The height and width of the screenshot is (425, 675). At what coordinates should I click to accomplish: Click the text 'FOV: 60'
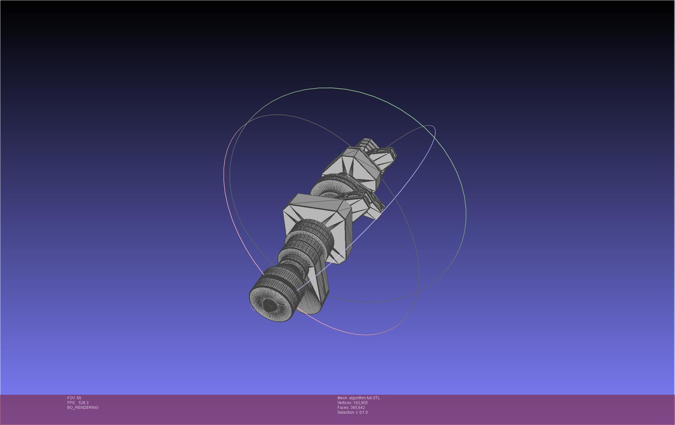coord(74,398)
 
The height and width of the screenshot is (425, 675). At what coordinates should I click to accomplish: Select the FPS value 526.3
coord(83,403)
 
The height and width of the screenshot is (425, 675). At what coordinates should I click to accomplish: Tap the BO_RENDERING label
coord(83,408)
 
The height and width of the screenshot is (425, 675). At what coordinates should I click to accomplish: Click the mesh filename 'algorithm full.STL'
coord(364,398)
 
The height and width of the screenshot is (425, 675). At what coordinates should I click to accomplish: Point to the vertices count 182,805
coord(360,403)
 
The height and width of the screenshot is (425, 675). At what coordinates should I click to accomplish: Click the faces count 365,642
coord(357,408)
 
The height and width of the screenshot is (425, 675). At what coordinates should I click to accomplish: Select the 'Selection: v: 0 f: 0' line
coord(352,412)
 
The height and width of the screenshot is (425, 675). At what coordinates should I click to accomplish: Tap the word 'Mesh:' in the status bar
coord(342,398)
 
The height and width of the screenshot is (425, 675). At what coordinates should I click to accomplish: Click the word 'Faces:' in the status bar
coord(343,408)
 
